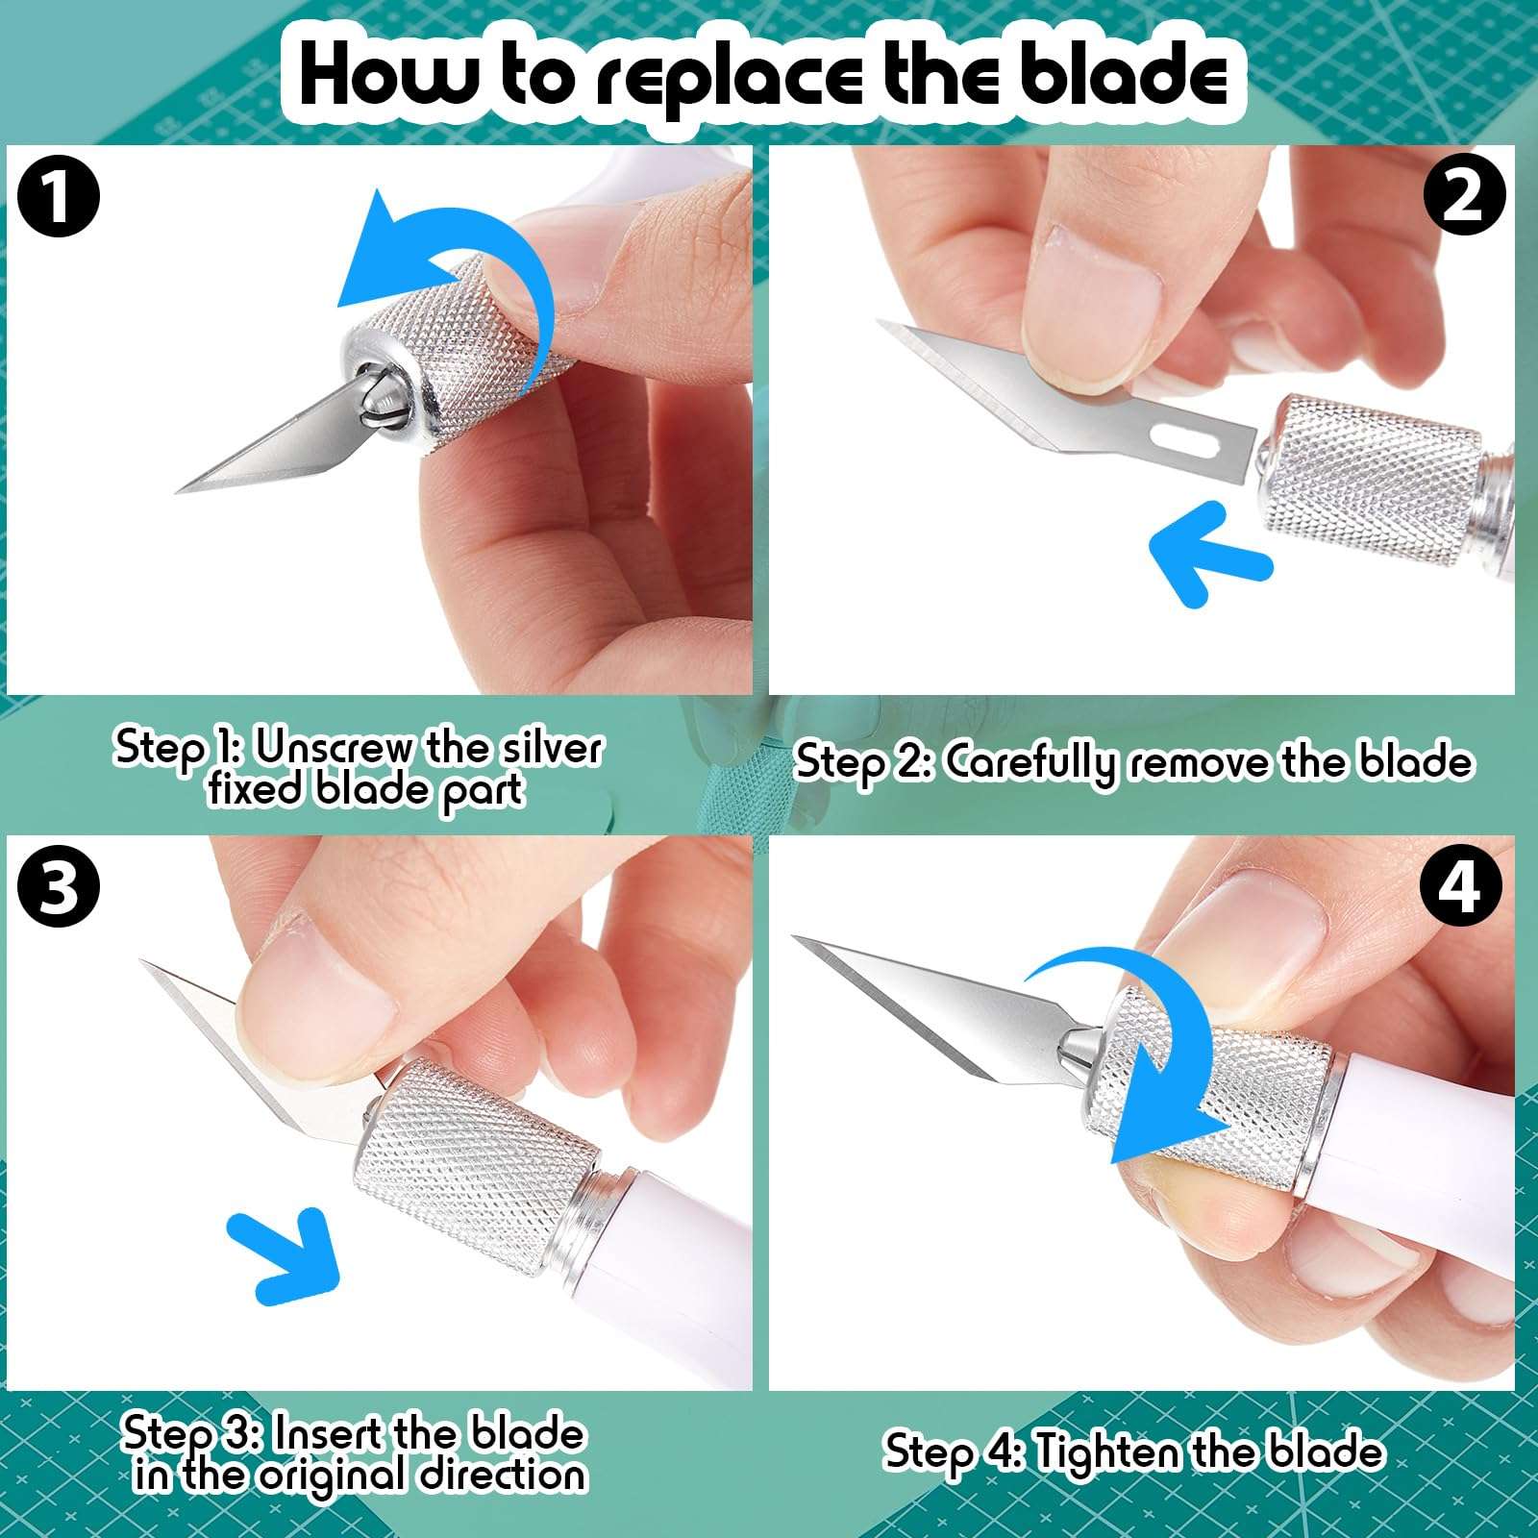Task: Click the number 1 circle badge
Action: coord(59,199)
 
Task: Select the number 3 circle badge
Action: coord(59,886)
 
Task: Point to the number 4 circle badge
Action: coord(1462,886)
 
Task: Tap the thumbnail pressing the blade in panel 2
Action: coord(1091,308)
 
